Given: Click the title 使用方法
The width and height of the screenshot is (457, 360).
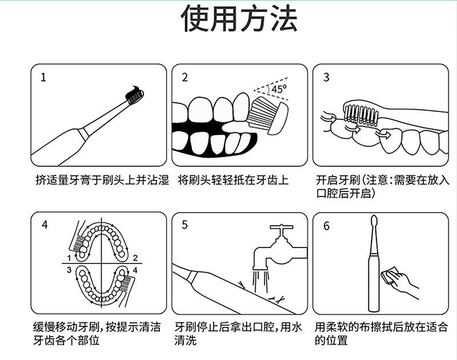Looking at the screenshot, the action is (239, 18).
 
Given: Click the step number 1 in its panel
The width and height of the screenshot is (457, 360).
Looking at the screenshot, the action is (43, 78).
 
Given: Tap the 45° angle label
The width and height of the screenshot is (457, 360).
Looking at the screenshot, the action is (279, 89).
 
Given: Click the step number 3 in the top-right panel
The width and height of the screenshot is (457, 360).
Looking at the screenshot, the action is (326, 77).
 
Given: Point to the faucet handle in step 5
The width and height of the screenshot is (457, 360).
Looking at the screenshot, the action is (281, 227).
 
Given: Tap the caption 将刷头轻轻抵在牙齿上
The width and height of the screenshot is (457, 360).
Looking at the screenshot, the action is (233, 180).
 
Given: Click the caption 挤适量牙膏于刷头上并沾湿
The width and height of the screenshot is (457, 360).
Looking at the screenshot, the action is (102, 180).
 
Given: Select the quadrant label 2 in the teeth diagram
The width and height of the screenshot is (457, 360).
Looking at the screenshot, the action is (135, 258).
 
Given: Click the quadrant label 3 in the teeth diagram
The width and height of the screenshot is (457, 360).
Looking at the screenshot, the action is (69, 270).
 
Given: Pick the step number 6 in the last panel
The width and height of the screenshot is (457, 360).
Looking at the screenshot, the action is (326, 226).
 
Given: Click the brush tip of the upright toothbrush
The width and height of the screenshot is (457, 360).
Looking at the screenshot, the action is (374, 222).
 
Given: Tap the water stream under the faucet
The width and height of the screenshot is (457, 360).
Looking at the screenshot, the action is (260, 281).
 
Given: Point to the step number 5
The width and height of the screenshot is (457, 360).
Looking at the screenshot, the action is (185, 225).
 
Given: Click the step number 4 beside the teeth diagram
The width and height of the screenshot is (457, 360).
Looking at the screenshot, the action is (45, 225).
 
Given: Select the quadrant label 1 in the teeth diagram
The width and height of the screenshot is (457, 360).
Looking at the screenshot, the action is (69, 258).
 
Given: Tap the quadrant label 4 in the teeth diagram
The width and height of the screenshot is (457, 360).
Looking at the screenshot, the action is (135, 270).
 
